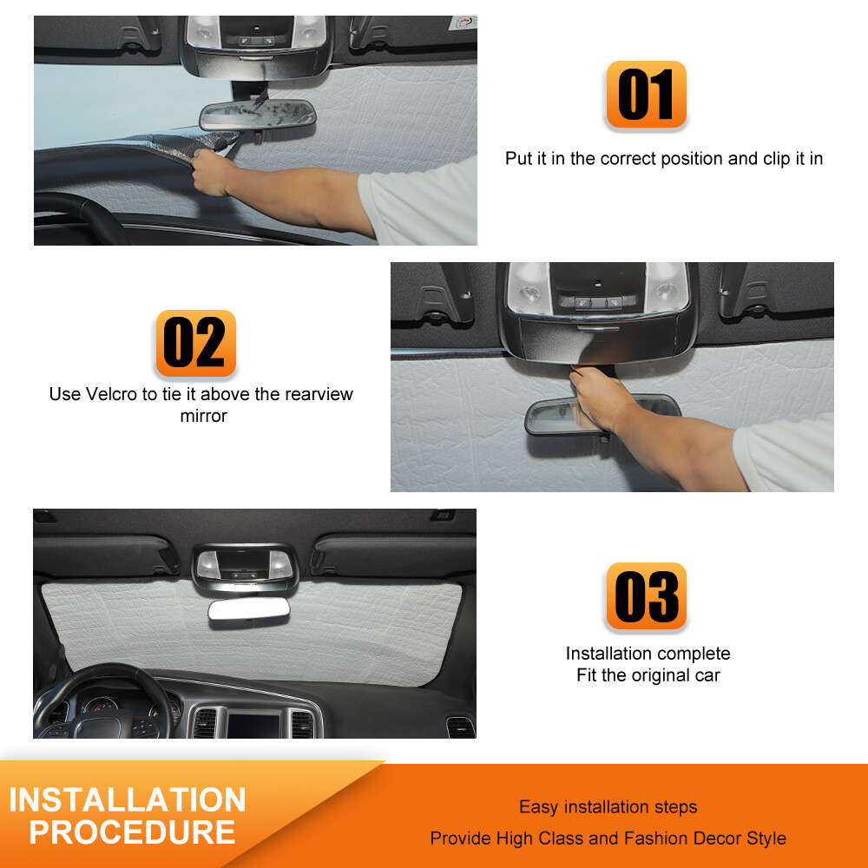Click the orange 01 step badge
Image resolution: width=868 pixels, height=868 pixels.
pos(646,95)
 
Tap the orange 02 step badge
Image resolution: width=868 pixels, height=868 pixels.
pos(195,343)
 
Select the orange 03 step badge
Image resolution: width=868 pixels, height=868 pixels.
pos(646,596)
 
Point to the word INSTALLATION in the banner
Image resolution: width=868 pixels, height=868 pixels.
pos(128,799)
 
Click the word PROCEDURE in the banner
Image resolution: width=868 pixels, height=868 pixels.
pos(132,832)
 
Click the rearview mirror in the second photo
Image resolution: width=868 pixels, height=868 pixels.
pos(602,415)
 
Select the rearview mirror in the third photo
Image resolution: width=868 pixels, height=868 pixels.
pos(247,610)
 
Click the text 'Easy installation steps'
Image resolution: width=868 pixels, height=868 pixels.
pos(608,807)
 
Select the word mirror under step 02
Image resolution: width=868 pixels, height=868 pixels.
pos(203,416)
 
